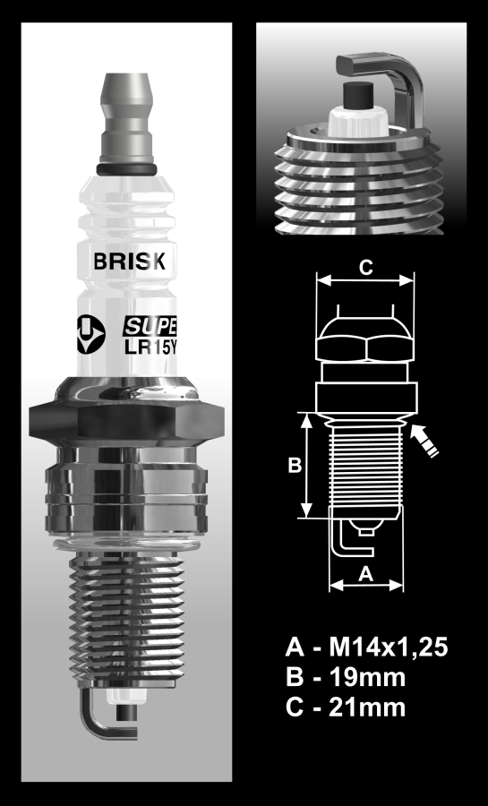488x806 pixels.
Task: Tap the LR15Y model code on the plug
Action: coord(150,343)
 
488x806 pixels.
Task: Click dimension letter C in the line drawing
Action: coord(365,266)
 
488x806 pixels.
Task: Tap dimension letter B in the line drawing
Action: coord(293,466)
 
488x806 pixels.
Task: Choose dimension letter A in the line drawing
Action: coord(365,574)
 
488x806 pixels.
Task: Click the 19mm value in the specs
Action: coord(371,676)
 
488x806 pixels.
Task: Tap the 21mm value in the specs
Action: coord(371,707)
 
